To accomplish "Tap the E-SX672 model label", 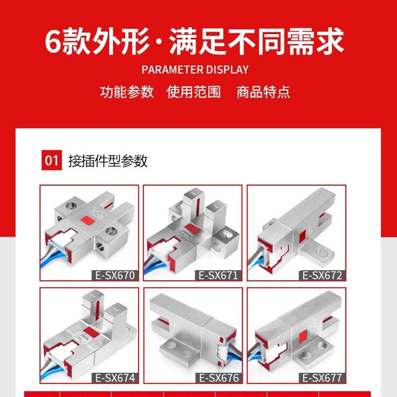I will point(322,275).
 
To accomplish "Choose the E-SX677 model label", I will point(322,378).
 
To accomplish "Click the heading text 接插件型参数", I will point(108,161).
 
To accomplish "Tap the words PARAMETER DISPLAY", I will point(195,69).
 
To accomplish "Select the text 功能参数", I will point(127,92).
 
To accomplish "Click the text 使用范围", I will point(194,92).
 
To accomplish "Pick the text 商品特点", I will point(263,92).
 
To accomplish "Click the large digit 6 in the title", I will point(53,41).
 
